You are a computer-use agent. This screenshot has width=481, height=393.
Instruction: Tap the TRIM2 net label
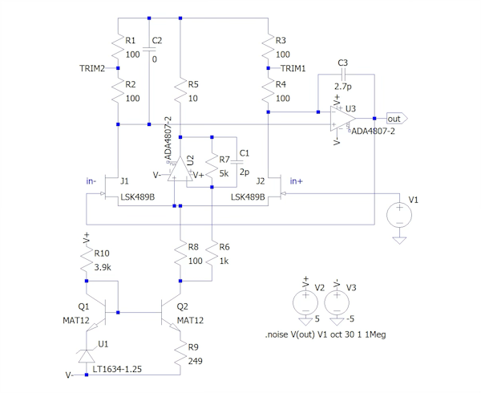click(93, 68)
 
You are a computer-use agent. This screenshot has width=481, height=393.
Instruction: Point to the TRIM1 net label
click(294, 69)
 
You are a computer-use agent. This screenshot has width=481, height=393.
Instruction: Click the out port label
click(394, 118)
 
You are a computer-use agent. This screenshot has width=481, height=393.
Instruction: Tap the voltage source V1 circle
click(398, 214)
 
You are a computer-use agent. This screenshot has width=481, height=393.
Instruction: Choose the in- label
click(91, 181)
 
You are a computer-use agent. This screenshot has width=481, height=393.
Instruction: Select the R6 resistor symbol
click(211, 253)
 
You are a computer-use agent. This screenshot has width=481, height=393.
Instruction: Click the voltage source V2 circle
click(305, 302)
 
